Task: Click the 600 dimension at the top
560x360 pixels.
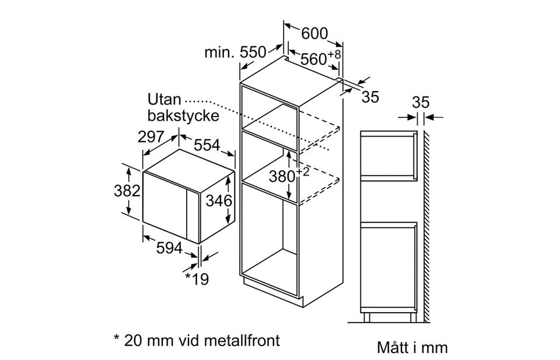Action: coord(314,34)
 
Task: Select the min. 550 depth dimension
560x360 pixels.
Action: coord(235,53)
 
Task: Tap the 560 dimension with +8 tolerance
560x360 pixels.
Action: coord(320,58)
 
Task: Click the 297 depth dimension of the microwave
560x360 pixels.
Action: coord(150,137)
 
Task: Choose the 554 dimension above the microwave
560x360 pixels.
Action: coord(207,145)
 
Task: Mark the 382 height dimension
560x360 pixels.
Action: coord(127,190)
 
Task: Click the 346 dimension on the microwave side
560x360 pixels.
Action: coord(219,201)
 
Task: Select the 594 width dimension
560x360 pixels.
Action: coord(169,247)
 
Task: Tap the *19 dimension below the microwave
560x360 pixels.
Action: coord(197,278)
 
